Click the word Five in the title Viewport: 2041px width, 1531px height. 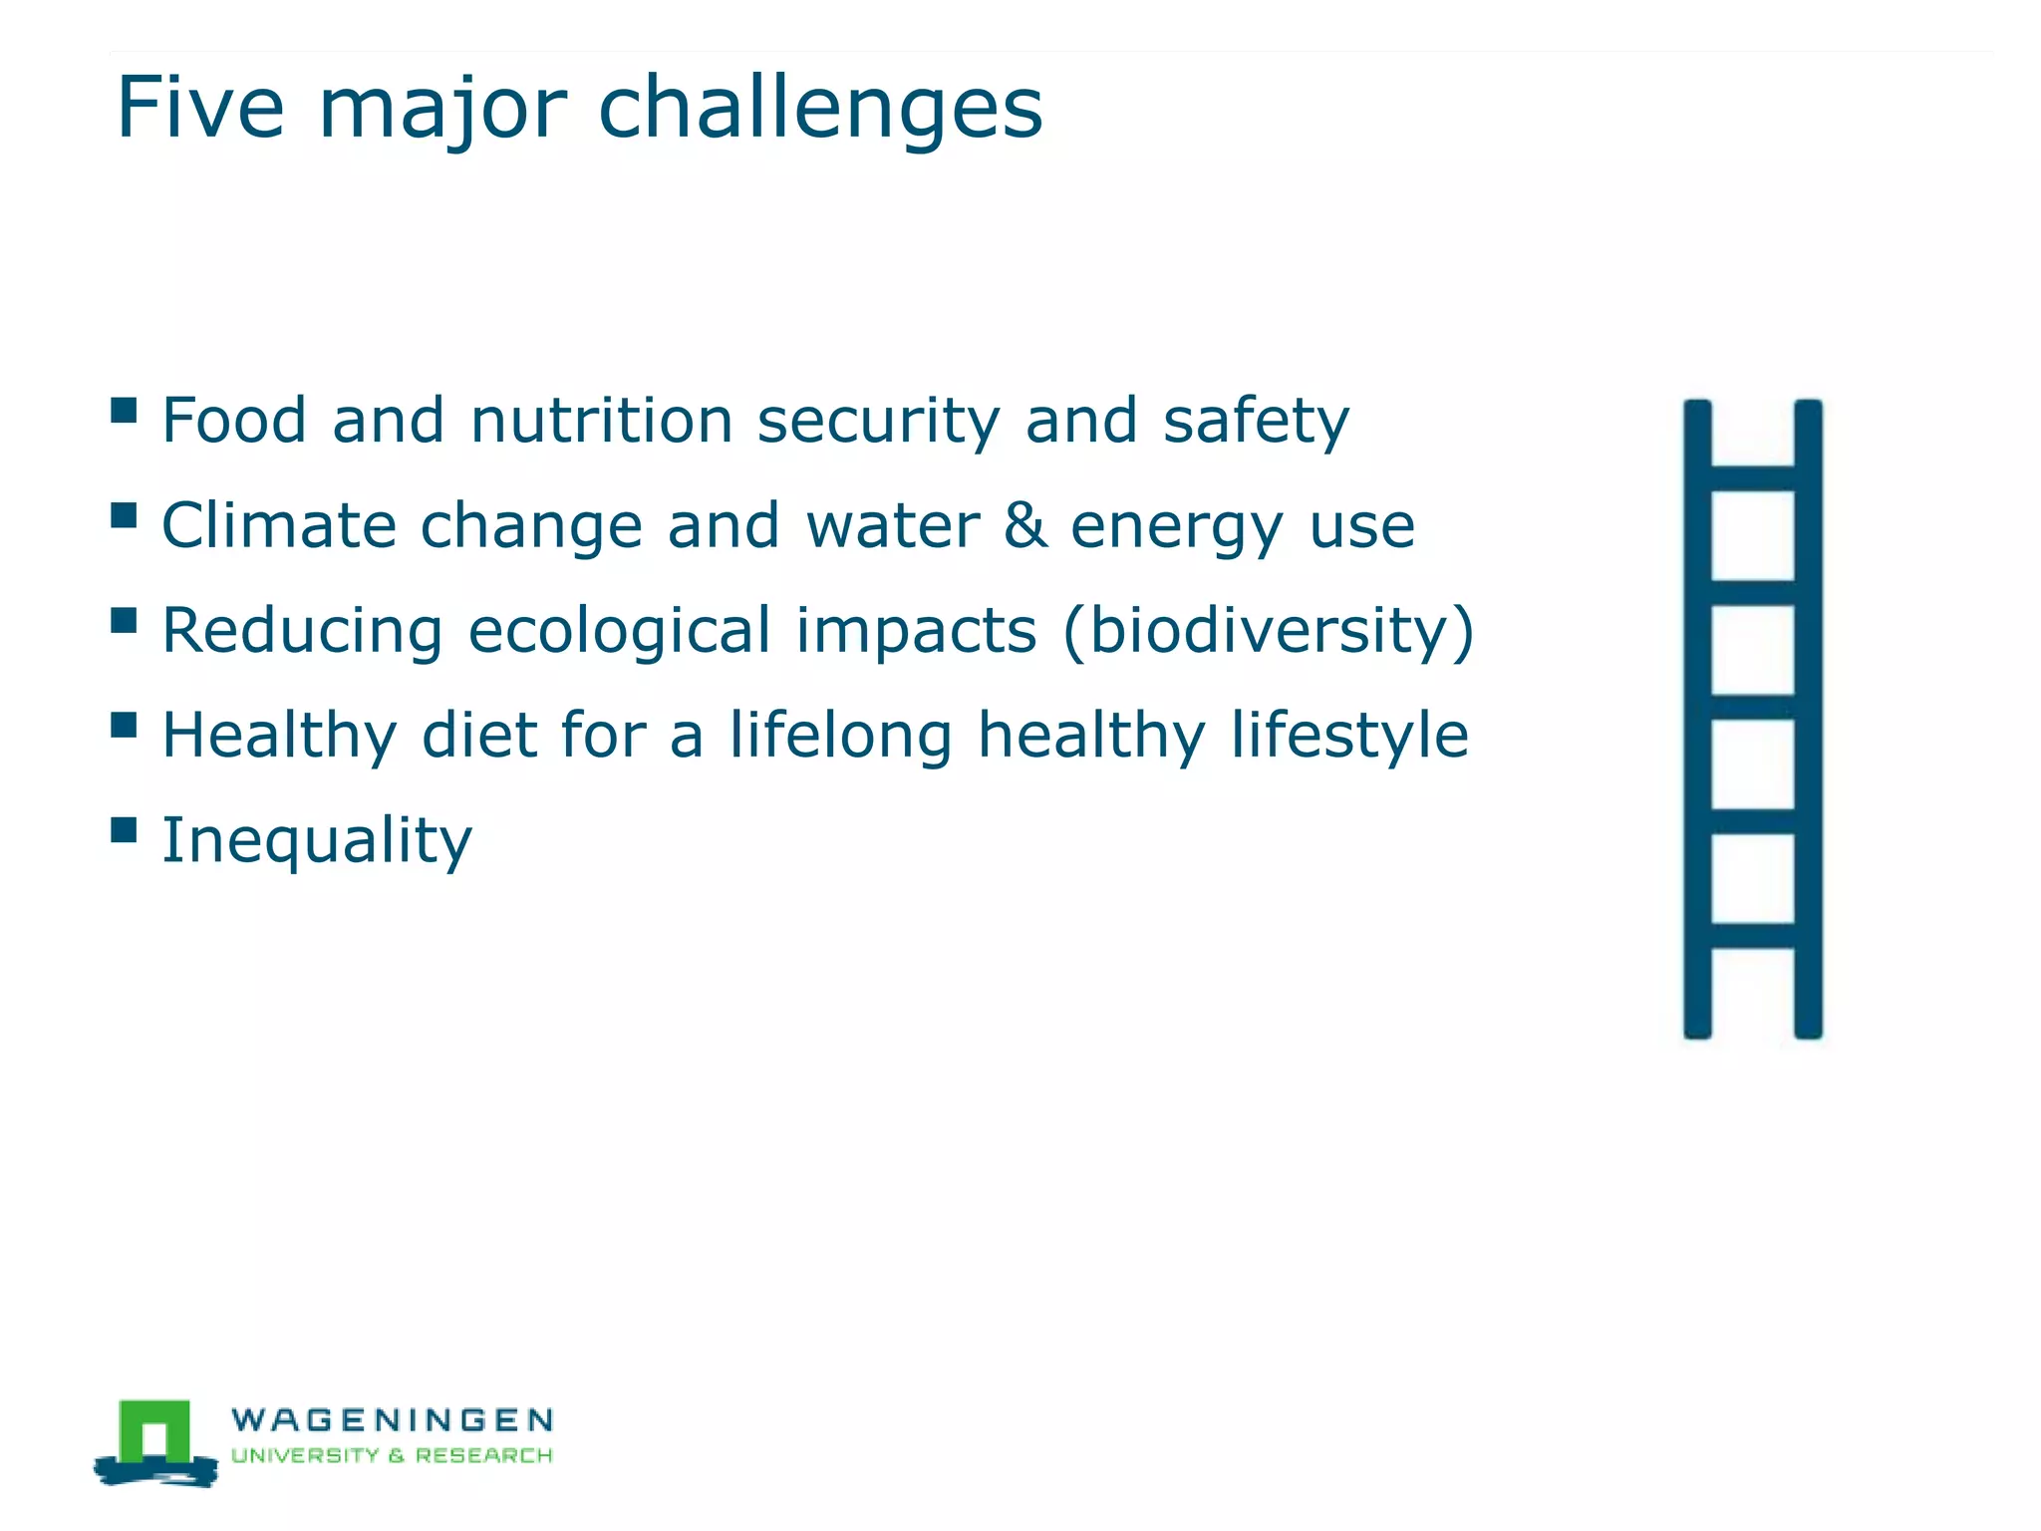pos(199,108)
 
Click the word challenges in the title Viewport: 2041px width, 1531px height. pos(819,110)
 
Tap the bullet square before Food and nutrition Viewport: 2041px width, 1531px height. pos(124,411)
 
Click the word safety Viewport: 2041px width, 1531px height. pos(1256,422)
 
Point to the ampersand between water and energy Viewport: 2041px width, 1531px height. pos(1025,525)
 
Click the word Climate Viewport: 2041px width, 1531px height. pos(278,525)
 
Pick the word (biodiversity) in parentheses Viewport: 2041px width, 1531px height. pos(1268,632)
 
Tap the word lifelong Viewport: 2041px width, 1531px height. pos(840,737)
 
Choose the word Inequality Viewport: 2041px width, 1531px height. pos(317,841)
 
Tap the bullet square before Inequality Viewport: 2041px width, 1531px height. pos(124,830)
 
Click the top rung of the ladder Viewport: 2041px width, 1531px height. pos(1752,477)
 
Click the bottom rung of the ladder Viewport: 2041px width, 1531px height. pos(1752,935)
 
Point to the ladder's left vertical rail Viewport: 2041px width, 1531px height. pos(1697,718)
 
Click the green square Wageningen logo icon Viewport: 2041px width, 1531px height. pos(154,1433)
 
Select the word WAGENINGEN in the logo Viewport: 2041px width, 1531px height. pos(392,1419)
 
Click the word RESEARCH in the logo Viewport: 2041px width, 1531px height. pos(483,1455)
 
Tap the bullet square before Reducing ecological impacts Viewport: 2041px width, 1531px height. pos(124,621)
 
